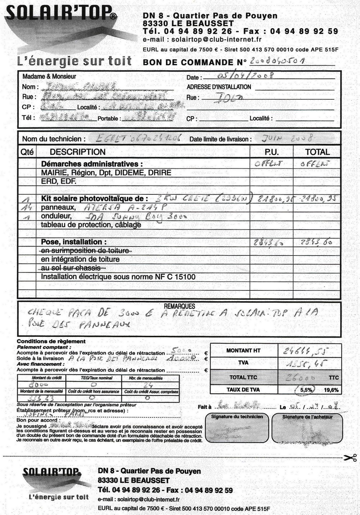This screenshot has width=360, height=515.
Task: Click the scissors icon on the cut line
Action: (350, 458)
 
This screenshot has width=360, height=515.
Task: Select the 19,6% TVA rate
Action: (331, 390)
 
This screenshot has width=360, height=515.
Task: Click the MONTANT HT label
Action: (243, 351)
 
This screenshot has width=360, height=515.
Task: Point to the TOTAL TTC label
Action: (243, 378)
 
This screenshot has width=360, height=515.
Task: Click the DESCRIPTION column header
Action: (77, 152)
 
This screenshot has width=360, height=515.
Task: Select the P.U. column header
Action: (271, 152)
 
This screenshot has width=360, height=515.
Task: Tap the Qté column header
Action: (27, 152)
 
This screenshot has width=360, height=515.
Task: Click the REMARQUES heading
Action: (179, 306)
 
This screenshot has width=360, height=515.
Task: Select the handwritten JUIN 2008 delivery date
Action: (287, 138)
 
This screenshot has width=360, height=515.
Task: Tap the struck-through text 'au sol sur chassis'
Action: (71, 268)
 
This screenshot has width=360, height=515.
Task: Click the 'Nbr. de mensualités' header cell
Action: (150, 378)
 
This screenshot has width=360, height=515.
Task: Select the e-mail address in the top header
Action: (216, 40)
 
